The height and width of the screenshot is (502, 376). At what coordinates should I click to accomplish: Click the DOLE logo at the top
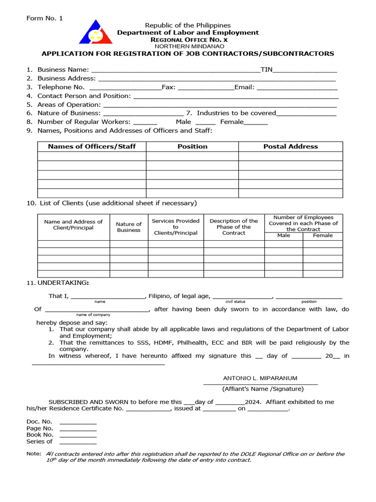95,32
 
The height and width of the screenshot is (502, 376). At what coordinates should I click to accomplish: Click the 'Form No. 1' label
45,18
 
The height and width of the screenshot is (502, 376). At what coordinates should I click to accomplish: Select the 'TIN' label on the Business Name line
266,70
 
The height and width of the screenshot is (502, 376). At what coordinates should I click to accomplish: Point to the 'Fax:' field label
168,87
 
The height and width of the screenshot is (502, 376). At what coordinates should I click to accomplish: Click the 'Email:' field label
244,87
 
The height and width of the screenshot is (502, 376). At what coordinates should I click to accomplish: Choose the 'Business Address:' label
67,78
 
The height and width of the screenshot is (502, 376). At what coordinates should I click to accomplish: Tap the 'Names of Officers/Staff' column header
92,147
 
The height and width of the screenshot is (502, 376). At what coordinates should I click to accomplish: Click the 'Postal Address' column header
290,147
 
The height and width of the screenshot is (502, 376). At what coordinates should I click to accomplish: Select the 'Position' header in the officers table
192,147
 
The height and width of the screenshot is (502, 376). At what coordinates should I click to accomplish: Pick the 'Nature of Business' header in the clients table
129,227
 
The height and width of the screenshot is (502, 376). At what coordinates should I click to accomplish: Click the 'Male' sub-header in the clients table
283,235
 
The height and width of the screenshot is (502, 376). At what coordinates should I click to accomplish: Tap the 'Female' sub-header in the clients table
323,235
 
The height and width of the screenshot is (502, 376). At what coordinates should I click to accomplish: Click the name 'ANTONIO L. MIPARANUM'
260,378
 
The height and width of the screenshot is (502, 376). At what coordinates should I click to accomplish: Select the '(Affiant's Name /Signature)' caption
263,389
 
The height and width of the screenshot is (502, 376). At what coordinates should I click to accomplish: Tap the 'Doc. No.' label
39,422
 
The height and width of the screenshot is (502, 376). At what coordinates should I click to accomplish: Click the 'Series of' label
39,441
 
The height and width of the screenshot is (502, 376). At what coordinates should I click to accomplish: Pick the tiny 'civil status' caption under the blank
235,301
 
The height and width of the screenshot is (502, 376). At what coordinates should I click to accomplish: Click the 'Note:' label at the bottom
34,454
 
